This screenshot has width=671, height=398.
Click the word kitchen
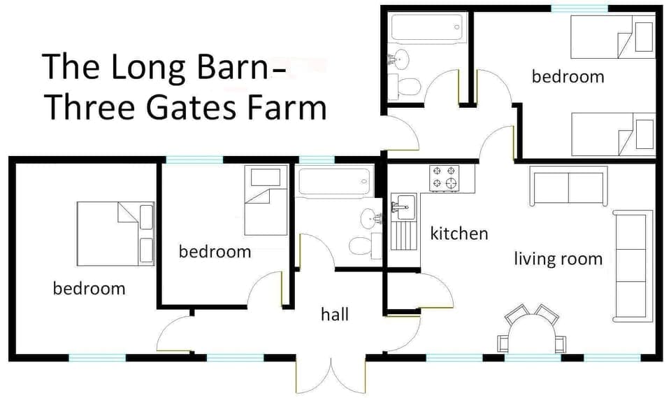[459, 234]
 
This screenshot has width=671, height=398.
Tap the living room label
[558, 260]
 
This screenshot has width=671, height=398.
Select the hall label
[335, 315]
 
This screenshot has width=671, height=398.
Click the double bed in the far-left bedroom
[115, 234]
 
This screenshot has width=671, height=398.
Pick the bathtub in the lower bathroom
[333, 183]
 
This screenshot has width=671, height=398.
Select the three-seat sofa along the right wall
[629, 266]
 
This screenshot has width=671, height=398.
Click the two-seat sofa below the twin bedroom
[568, 186]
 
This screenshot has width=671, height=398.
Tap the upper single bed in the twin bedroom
[612, 36]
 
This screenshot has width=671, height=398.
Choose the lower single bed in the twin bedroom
[612, 134]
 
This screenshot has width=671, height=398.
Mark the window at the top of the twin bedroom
[579, 8]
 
